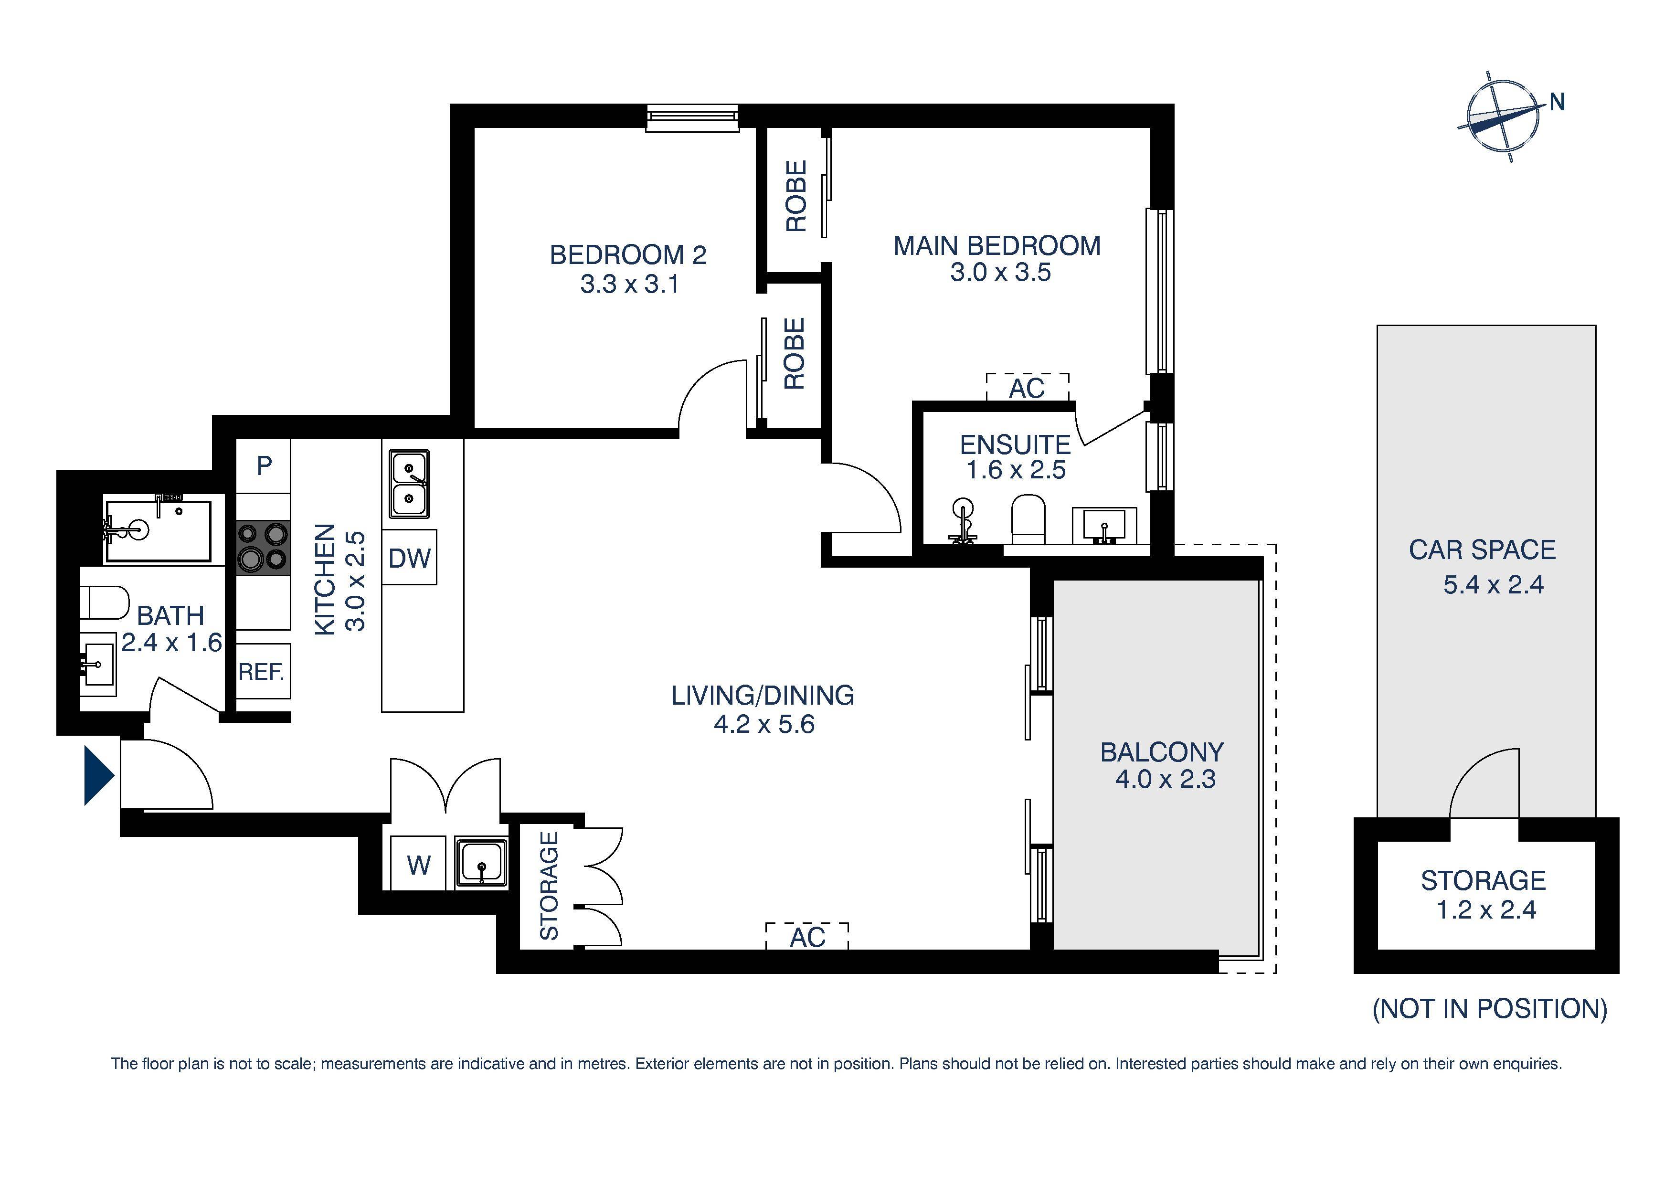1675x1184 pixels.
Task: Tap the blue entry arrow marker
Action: pyautogui.click(x=97, y=775)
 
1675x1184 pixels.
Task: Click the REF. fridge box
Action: pyautogui.click(x=263, y=671)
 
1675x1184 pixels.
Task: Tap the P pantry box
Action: pyautogui.click(x=264, y=465)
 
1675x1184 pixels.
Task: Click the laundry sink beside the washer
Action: pyautogui.click(x=481, y=864)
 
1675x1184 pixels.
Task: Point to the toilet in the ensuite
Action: pyautogui.click(x=1028, y=520)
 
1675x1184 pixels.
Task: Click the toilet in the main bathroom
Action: pyautogui.click(x=104, y=603)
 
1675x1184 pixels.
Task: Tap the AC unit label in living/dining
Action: pyautogui.click(x=807, y=937)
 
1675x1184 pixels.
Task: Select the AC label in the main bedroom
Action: pyautogui.click(x=1027, y=388)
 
